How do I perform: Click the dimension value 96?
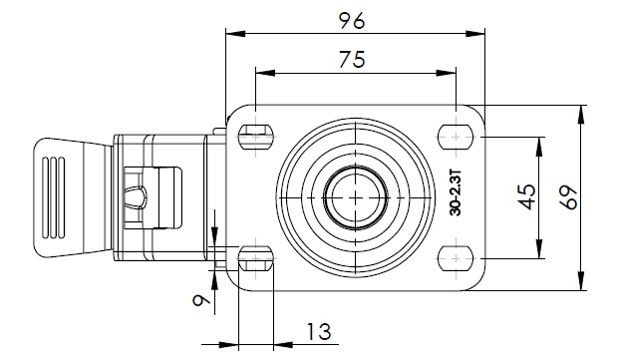click(x=352, y=21)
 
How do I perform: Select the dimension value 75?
click(x=352, y=59)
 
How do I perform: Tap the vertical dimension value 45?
click(x=526, y=197)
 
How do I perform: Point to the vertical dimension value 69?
click(x=569, y=197)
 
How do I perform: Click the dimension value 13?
click(x=318, y=332)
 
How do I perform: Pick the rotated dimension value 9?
click(x=201, y=301)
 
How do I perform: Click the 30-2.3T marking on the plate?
click(x=456, y=192)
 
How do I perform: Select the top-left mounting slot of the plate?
click(x=256, y=137)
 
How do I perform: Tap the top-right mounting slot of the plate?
click(x=456, y=137)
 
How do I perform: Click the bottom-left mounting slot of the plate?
click(x=256, y=258)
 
